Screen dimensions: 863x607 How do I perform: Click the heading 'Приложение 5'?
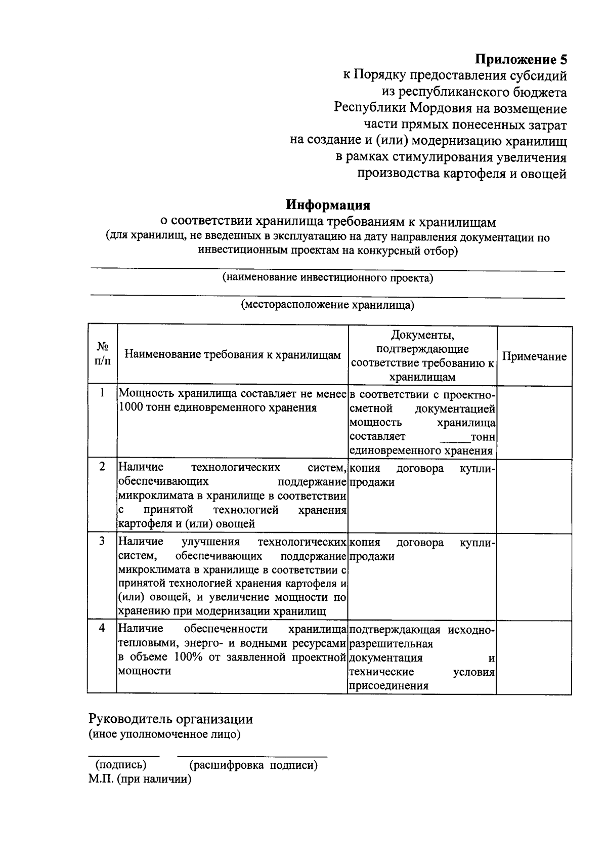pyautogui.click(x=521, y=60)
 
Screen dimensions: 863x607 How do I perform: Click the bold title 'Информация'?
pyautogui.click(x=328, y=205)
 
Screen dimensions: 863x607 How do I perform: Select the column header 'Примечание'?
pyautogui.click(x=534, y=356)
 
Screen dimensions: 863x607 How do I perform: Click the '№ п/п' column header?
pyautogui.click(x=103, y=353)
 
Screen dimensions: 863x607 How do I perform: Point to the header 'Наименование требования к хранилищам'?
pyautogui.click(x=233, y=354)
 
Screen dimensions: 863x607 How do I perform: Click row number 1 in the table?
pyautogui.click(x=103, y=393)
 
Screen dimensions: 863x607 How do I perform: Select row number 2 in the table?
pyautogui.click(x=103, y=467)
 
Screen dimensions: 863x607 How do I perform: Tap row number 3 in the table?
pyautogui.click(x=103, y=541)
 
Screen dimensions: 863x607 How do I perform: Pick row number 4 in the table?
pyautogui.click(x=103, y=628)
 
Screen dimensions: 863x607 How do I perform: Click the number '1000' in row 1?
pyautogui.click(x=131, y=408)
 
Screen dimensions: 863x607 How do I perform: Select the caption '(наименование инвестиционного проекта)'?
pyautogui.click(x=328, y=278)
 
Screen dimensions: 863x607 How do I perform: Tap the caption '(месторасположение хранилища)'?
pyautogui.click(x=328, y=305)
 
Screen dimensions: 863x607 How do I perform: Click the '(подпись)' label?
pyautogui.click(x=118, y=765)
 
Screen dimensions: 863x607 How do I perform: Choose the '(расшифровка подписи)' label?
pyautogui.click(x=253, y=765)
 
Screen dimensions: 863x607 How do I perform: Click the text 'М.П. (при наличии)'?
pyautogui.click(x=140, y=779)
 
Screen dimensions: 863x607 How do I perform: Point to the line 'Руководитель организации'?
pyautogui.click(x=170, y=719)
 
